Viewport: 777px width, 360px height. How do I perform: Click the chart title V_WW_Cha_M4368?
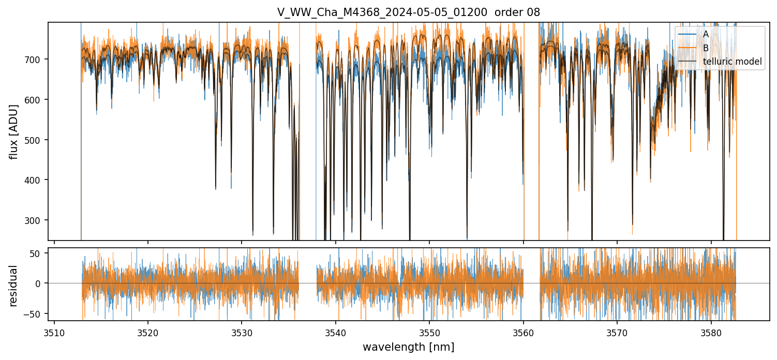(x=408, y=12)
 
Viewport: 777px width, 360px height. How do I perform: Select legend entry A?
(x=706, y=34)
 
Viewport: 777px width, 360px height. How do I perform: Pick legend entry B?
(x=706, y=48)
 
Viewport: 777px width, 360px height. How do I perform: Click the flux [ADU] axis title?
(x=13, y=131)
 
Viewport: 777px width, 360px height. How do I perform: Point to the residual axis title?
(x=13, y=286)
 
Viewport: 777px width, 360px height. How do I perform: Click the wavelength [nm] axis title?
(x=408, y=347)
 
